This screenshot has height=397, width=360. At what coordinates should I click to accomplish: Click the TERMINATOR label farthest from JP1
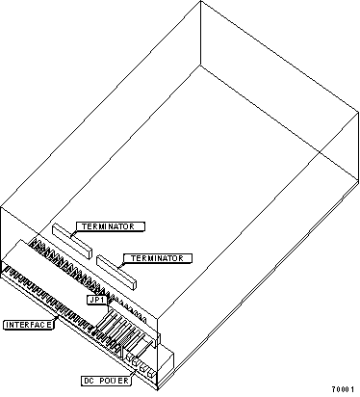coord(111,226)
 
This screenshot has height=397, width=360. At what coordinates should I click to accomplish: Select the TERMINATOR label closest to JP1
coord(158,258)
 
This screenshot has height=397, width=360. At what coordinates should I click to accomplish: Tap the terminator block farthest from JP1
coord(72,241)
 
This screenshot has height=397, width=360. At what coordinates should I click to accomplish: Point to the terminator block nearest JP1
coord(116,273)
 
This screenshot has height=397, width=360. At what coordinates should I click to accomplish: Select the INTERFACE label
coord(29,325)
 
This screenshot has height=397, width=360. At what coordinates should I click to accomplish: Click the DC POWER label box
coord(106,381)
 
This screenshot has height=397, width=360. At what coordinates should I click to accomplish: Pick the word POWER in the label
coord(114,381)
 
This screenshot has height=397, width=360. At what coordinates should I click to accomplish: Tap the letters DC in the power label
coord(89,381)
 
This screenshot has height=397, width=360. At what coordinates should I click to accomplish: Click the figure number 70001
coord(343,389)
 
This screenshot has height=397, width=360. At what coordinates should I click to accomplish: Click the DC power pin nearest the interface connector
coord(129,357)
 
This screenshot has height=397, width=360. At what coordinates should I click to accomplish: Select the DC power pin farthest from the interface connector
coord(151,373)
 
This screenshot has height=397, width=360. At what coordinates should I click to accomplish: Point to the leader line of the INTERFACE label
coord(56,319)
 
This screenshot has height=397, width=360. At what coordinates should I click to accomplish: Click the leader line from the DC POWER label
coord(134,373)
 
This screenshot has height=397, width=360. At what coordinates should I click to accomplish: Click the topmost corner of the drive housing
coord(201,1)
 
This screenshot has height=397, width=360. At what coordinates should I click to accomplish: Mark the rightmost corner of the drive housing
coord(358,113)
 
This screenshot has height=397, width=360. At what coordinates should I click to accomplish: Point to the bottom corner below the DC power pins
coord(157,390)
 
